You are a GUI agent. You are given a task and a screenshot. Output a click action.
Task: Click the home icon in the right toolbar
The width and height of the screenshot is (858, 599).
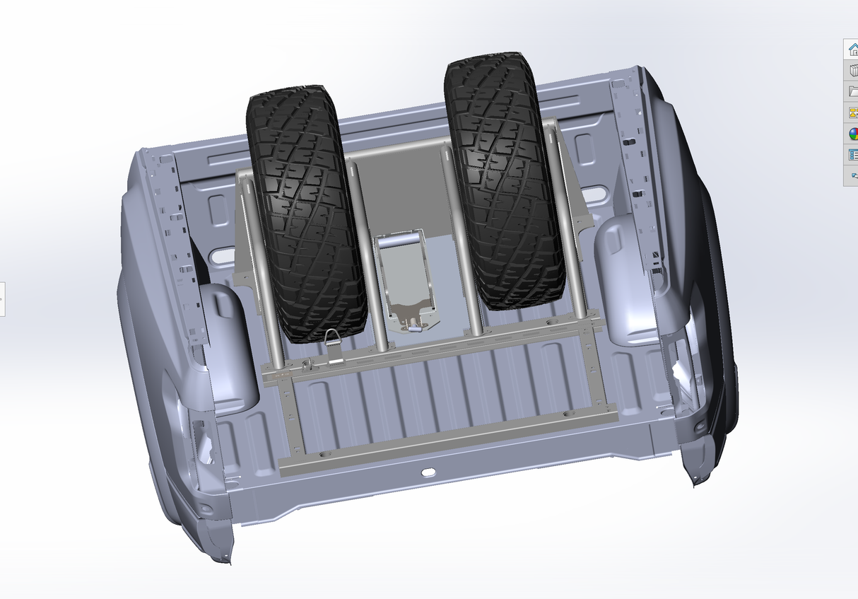(x=852, y=50)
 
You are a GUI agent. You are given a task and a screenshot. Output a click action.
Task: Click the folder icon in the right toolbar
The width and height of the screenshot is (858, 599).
(x=852, y=91)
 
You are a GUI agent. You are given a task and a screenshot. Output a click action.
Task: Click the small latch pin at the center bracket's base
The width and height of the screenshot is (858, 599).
(x=415, y=327)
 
